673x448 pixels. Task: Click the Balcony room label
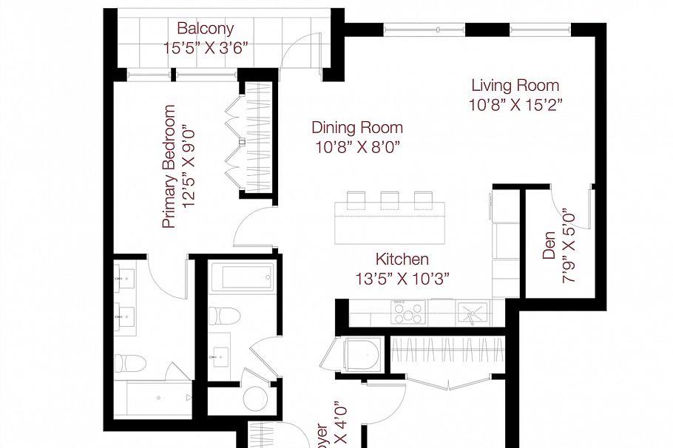tap(205, 29)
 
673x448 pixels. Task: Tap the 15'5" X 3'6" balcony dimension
tap(205, 46)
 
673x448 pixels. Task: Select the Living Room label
tap(515, 85)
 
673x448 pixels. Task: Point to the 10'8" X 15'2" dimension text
tap(515, 104)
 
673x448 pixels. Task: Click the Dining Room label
tap(356, 127)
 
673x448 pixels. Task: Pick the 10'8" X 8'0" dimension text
tap(356, 146)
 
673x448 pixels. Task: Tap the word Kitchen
tap(402, 259)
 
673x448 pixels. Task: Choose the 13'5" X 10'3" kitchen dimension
tap(402, 278)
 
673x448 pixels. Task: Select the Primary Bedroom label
tap(169, 166)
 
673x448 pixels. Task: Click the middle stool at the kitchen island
tap(389, 200)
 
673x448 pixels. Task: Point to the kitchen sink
tap(471, 312)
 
